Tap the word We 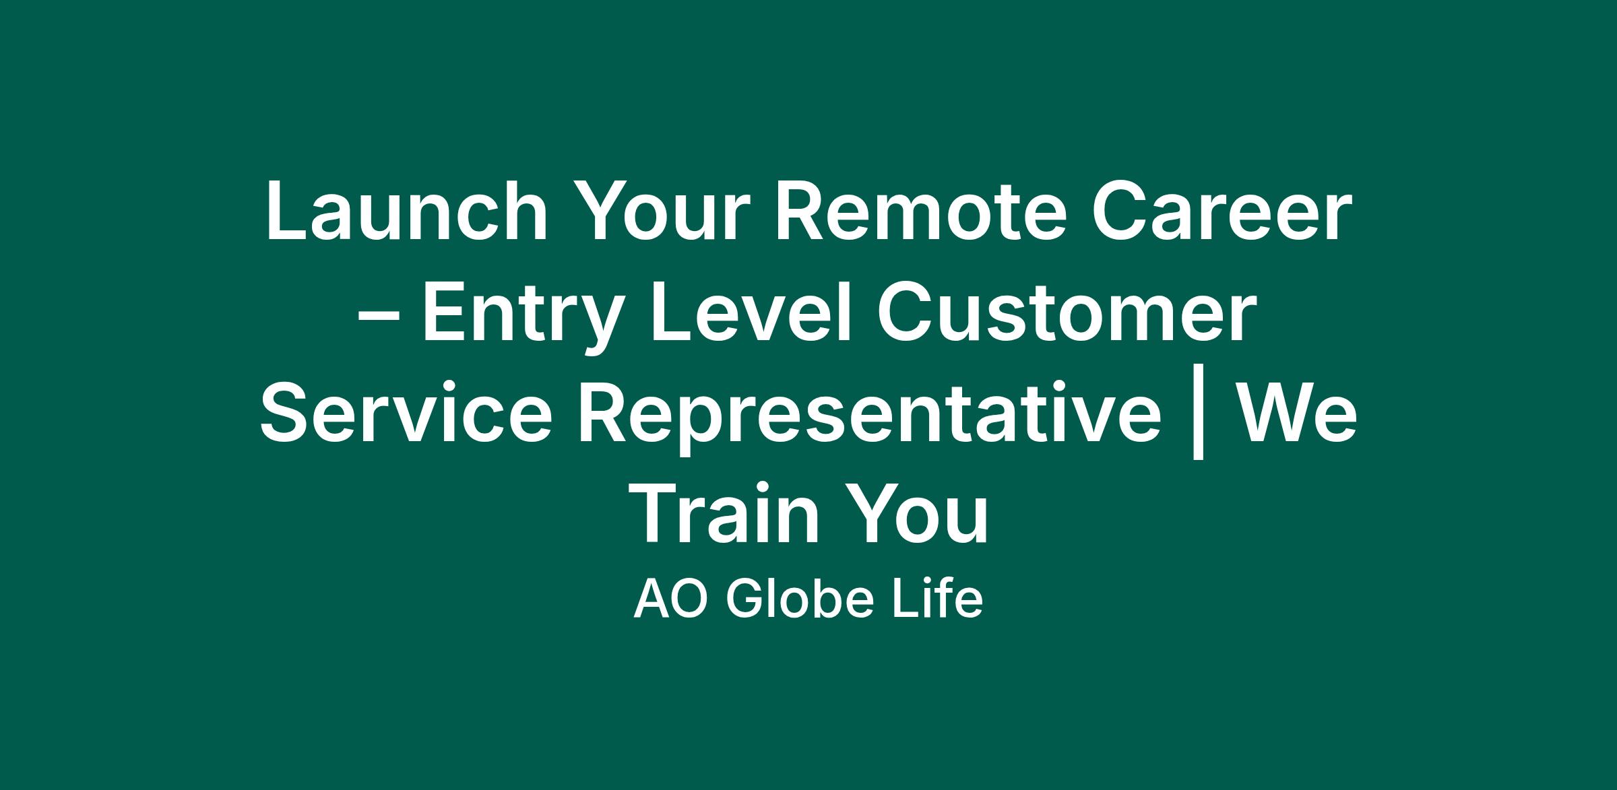[1297, 414]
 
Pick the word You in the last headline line [916, 515]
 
